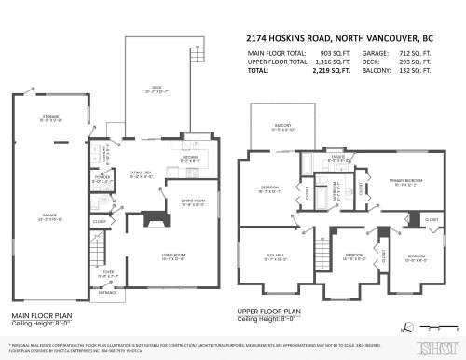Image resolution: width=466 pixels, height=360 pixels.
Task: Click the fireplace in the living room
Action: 154,222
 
